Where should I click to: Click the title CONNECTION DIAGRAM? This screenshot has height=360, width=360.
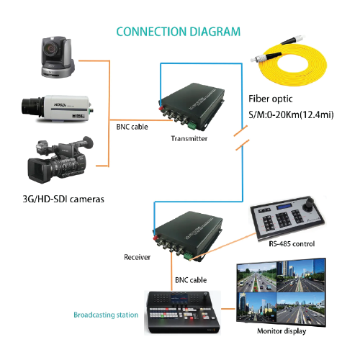click(178, 32)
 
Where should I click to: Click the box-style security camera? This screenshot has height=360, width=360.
click(56, 108)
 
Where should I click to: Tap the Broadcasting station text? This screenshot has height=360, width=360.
click(105, 315)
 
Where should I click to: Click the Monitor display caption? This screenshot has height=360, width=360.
click(281, 331)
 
